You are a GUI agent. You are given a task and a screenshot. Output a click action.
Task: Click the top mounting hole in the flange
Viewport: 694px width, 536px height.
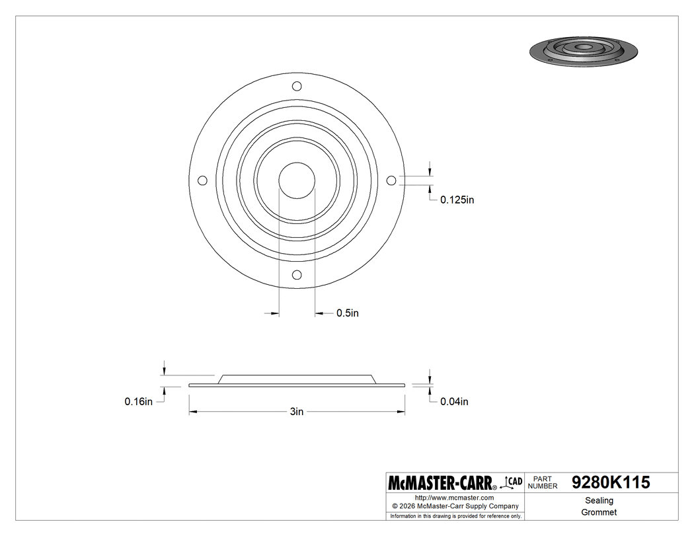297,85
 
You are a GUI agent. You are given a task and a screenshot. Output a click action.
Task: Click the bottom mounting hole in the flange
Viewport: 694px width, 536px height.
297,274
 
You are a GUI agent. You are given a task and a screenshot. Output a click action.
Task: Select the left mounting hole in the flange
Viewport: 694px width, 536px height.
203,180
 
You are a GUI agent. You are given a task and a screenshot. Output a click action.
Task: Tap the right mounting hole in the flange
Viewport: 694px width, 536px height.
391,180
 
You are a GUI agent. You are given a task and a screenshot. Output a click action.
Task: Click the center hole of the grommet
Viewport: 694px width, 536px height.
297,180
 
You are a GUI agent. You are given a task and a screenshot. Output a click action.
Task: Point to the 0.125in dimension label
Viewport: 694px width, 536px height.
457,200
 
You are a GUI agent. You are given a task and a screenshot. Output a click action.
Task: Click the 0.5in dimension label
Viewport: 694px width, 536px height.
348,313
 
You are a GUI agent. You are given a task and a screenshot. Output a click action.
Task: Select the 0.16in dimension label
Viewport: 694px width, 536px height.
139,401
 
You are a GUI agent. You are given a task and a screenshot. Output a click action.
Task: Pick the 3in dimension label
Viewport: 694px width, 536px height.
297,412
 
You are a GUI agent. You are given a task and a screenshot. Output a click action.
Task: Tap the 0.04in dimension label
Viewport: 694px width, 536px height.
454,401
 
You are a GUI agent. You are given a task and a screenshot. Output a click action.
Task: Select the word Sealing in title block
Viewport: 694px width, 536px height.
599,500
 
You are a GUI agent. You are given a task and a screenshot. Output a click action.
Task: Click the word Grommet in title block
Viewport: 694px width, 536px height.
599,512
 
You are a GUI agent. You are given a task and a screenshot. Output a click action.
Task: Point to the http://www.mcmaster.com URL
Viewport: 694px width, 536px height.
454,497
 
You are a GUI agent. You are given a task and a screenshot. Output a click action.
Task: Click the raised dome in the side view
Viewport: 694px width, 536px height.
297,379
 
